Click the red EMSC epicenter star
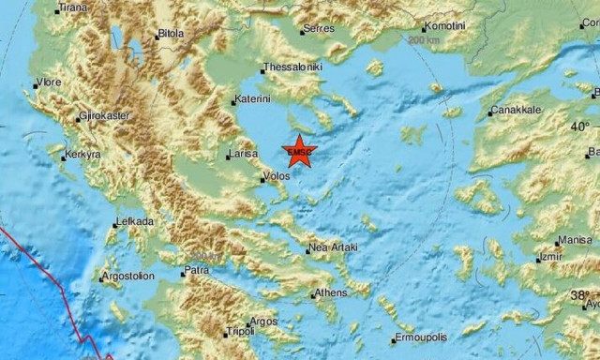[299, 152]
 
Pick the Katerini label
[254, 98]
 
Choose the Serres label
[320, 29]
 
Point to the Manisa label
[574, 240]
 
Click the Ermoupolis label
[421, 337]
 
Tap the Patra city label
[196, 271]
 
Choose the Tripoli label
[240, 332]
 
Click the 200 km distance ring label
[425, 41]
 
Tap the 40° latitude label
[581, 126]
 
